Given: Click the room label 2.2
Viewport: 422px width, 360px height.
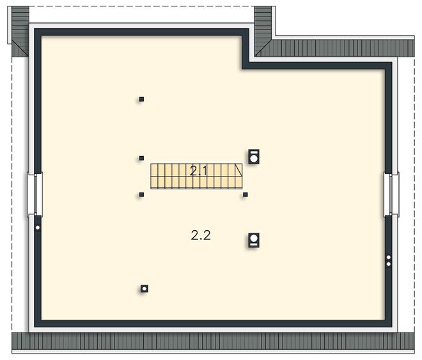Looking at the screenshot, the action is (201, 235).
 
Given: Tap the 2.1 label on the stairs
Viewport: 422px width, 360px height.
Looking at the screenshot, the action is (198, 171).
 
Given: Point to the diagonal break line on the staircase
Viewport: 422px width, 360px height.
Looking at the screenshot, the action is (238, 170).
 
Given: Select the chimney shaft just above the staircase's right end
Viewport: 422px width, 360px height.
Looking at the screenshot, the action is (254, 157).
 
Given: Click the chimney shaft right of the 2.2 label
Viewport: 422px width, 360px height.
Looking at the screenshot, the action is (254, 240).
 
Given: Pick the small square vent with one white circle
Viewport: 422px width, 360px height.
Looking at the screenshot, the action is (145, 289).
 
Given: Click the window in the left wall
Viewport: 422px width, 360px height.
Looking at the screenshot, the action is (35, 194).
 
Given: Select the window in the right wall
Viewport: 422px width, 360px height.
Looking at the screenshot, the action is (391, 194).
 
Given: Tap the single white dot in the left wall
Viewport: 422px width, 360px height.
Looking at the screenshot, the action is (38, 228).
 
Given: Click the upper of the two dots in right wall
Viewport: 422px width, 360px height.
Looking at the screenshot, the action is (388, 258).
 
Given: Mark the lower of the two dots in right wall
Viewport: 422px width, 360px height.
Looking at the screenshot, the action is (388, 264).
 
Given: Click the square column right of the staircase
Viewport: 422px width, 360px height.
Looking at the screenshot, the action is (245, 194).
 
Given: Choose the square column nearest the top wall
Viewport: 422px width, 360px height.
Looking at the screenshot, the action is (141, 99).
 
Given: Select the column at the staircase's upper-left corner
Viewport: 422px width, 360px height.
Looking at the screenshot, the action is (141, 158).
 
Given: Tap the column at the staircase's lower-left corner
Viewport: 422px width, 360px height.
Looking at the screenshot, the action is (141, 194).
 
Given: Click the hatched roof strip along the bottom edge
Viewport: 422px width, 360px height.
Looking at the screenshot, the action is (213, 341).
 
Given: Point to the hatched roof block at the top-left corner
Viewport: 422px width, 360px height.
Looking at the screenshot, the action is (20, 31).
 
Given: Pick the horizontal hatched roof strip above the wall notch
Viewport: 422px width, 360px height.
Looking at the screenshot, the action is (335, 48).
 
